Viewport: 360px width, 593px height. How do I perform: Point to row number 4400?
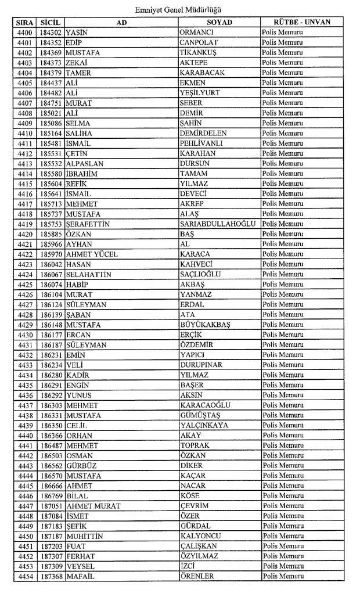tap(24, 33)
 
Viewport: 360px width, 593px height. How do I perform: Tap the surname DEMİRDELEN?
tap(203, 133)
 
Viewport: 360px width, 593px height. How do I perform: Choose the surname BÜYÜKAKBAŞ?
tap(205, 324)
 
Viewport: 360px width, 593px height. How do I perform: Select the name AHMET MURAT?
tap(93, 506)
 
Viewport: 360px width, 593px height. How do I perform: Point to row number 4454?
tap(24, 576)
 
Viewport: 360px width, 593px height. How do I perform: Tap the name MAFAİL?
tap(80, 576)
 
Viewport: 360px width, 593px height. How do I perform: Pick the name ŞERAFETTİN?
tap(88, 224)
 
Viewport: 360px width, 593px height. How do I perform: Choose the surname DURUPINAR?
tap(201, 365)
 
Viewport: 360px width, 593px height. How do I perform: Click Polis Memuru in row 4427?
tap(283, 304)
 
